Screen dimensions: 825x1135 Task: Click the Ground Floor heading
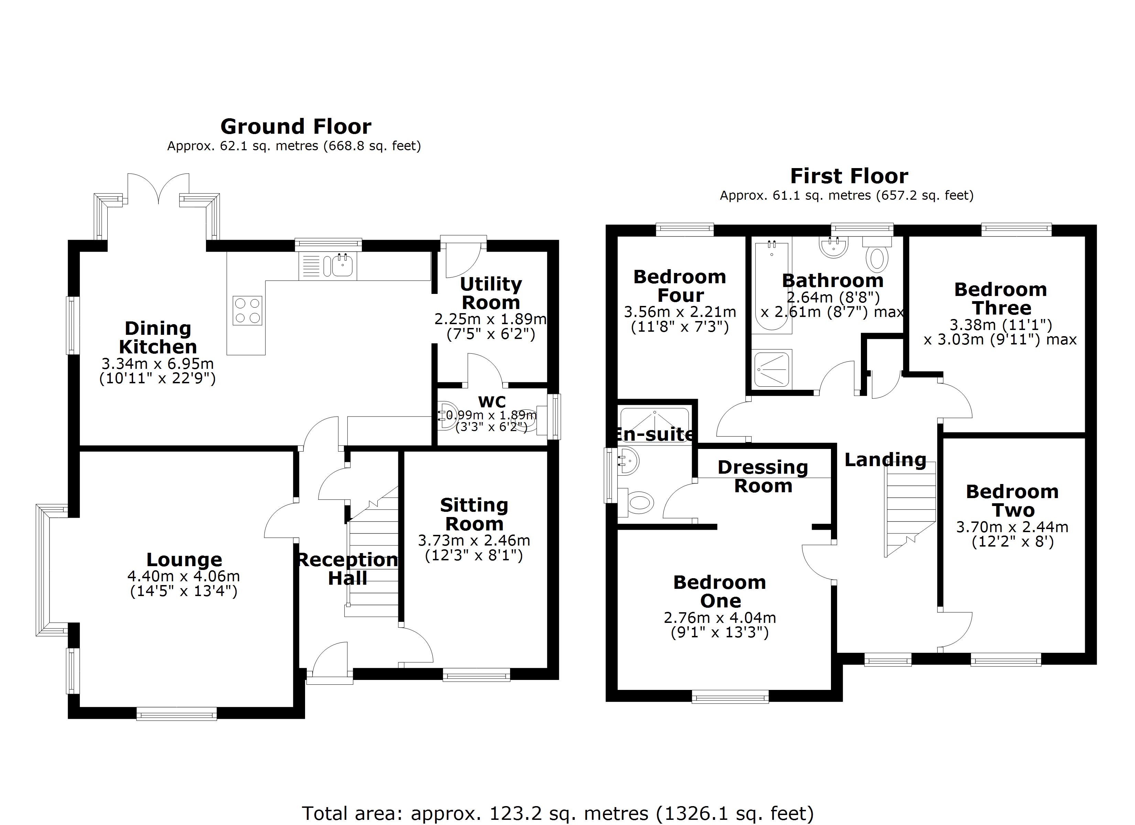click(296, 126)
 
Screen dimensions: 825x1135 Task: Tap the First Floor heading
click(849, 176)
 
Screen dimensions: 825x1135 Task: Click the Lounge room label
click(184, 559)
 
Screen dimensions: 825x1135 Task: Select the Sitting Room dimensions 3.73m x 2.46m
click(474, 540)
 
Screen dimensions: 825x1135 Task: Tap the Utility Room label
click(491, 293)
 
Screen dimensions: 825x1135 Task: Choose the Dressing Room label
click(763, 476)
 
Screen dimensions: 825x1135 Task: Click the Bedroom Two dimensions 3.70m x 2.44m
click(1012, 527)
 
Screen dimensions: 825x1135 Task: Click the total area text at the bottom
click(558, 813)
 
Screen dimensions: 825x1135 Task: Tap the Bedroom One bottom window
click(730, 696)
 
